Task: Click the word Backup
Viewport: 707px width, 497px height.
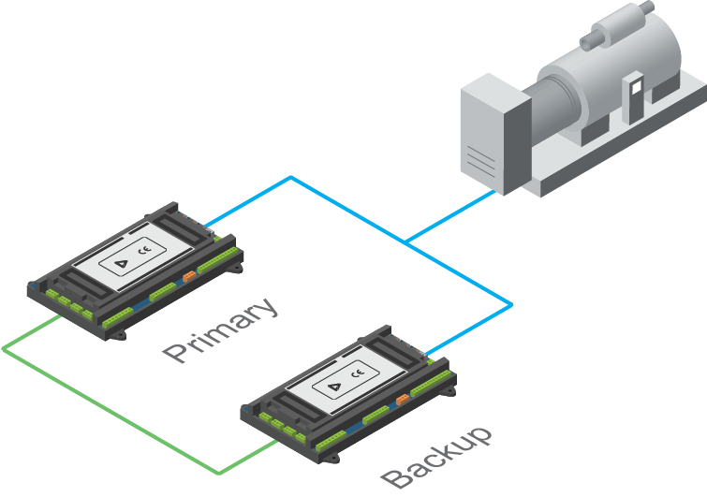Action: (436, 457)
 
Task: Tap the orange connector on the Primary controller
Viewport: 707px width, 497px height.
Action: (189, 276)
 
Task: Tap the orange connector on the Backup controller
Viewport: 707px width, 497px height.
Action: (403, 400)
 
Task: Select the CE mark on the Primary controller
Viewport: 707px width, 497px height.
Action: (145, 249)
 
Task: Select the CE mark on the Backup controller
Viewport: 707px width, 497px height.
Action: (358, 373)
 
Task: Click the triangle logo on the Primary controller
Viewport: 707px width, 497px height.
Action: (122, 264)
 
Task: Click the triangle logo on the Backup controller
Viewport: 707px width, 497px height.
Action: (334, 387)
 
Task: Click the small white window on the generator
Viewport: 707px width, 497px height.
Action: (636, 87)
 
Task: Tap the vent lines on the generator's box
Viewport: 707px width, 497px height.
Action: (480, 159)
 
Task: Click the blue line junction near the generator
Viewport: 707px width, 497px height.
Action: (406, 242)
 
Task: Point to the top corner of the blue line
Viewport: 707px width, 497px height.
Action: (291, 178)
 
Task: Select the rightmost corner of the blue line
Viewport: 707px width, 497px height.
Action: (511, 305)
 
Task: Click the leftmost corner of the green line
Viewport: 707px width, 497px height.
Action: (4, 349)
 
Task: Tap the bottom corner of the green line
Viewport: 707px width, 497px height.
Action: (219, 473)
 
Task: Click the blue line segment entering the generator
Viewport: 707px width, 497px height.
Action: (451, 217)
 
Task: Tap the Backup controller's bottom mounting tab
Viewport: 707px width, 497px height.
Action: (332, 459)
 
